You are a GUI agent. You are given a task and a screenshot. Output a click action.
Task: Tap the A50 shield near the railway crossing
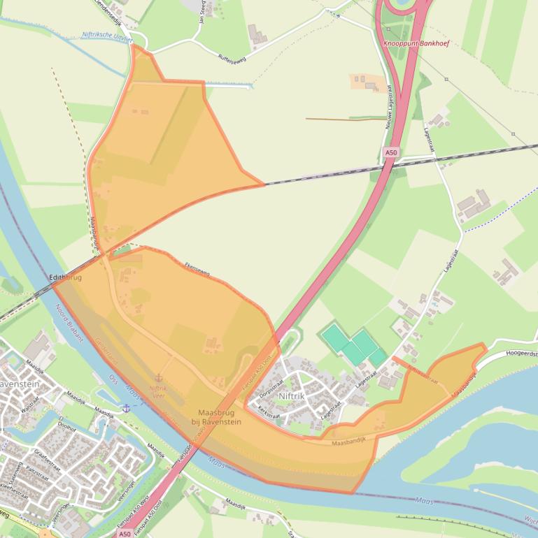(391, 152)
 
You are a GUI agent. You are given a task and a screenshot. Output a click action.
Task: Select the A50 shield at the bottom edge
(125, 533)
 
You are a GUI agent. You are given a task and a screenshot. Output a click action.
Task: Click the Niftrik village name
(292, 396)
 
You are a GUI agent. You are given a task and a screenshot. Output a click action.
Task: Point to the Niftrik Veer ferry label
(158, 391)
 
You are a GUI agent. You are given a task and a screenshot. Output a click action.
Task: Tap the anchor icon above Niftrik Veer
(158, 378)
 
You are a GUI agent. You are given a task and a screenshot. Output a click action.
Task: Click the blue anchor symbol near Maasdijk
(126, 408)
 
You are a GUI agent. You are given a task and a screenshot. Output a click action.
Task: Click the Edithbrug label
(66, 277)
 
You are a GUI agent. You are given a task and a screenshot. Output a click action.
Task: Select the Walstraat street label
(29, 406)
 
